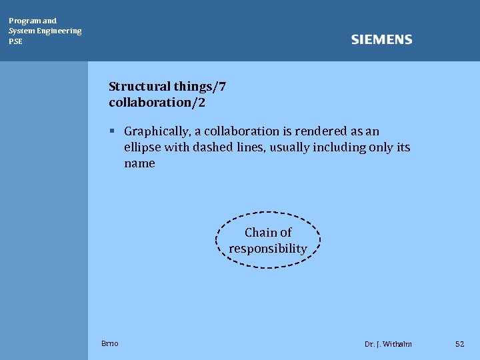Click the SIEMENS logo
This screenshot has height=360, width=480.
coord(381,40)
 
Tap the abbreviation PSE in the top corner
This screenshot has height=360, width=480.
coord(15,41)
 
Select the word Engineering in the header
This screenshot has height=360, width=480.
coord(59,31)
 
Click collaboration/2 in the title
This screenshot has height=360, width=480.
coord(157,103)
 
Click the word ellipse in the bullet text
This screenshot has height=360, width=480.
coord(142,147)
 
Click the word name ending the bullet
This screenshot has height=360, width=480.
coord(139,163)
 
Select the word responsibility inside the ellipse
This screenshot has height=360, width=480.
coord(268,249)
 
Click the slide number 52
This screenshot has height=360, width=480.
coord(459,344)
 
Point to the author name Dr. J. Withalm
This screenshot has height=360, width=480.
coord(388,344)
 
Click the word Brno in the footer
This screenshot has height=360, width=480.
coord(110,343)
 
